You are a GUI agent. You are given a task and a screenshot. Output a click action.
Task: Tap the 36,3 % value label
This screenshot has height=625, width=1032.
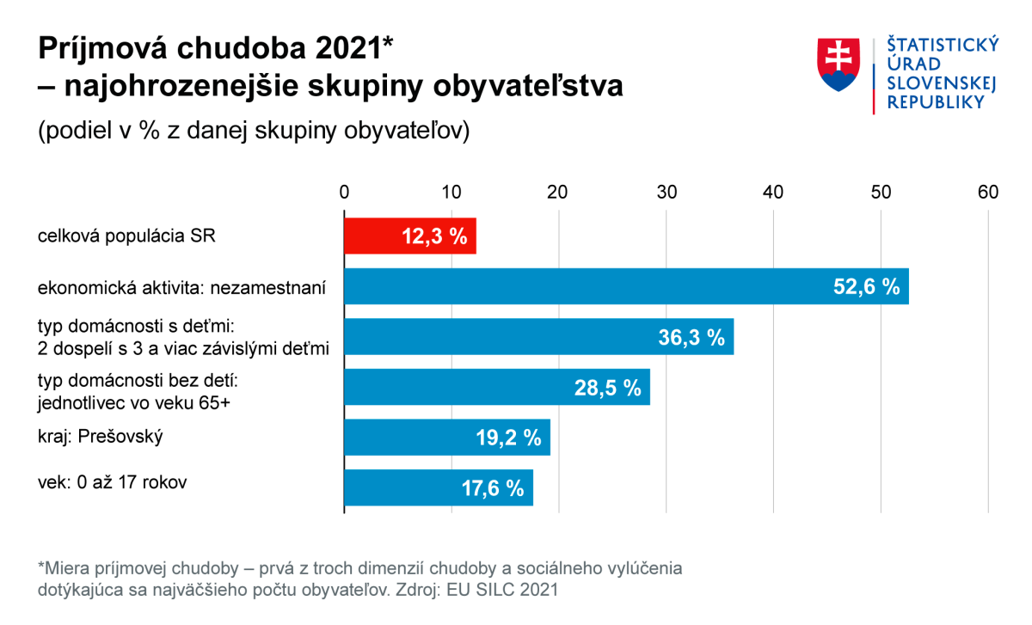691,337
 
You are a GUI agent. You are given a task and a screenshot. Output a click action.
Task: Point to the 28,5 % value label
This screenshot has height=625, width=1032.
608,388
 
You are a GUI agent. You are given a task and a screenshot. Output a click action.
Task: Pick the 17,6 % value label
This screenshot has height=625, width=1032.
492,488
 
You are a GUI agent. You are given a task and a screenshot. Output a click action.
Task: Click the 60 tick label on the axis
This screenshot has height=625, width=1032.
988,192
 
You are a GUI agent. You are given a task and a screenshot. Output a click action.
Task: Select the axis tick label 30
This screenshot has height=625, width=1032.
666,192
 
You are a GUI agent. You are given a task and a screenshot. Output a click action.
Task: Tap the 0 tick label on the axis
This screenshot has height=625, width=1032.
344,192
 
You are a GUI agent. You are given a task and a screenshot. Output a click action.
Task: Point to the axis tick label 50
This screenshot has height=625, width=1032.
881,192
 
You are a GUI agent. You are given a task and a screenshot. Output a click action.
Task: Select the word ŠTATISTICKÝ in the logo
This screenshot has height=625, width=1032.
943,45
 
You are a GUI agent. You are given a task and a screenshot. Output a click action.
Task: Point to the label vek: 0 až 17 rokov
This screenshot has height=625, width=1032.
113,482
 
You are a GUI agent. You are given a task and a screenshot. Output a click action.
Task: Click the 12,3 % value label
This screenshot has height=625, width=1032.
433,237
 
